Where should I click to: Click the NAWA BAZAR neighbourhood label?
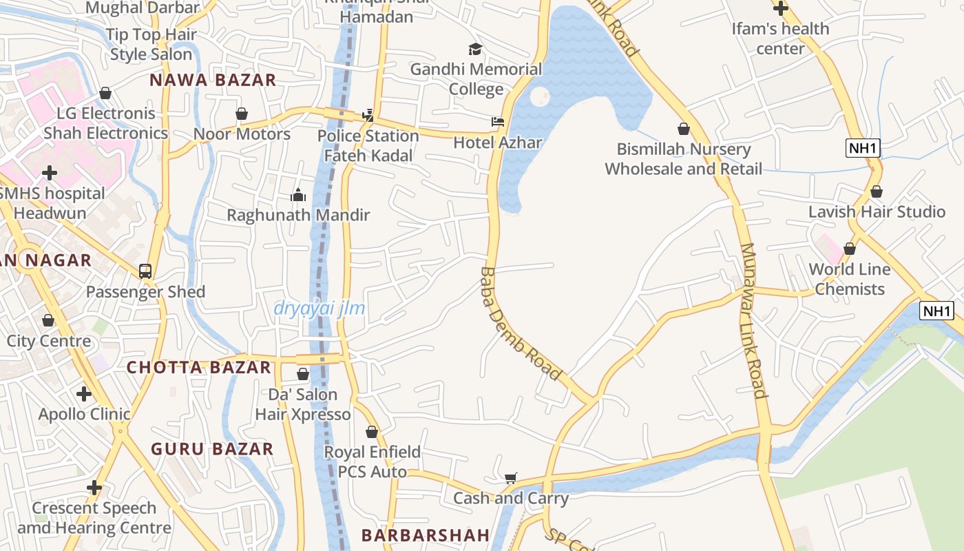tap(213, 80)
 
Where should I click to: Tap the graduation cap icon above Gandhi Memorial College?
tap(475, 49)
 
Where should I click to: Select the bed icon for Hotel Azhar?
tap(498, 122)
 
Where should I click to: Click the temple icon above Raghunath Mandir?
tap(298, 195)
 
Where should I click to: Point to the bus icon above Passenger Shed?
tap(145, 271)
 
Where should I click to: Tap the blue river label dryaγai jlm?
tap(319, 309)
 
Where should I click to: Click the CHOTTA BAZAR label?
tap(198, 367)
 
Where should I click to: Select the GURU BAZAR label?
tap(212, 449)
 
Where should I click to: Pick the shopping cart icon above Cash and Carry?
tap(510, 478)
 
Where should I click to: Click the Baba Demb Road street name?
tap(520, 324)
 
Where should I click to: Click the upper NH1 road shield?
tap(863, 147)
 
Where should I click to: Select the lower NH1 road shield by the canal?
tap(937, 311)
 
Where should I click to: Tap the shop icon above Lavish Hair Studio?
tap(877, 191)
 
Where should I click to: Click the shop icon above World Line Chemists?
tap(849, 249)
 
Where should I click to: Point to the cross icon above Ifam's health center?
tap(780, 9)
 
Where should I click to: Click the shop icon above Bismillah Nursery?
tap(683, 129)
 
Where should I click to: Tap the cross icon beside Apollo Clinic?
tap(84, 394)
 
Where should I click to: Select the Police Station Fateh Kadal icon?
tap(368, 115)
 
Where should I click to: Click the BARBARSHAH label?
tap(426, 535)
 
